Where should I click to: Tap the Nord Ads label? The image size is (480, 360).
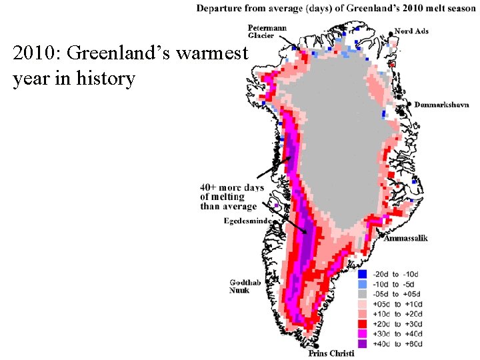(x=411, y=31)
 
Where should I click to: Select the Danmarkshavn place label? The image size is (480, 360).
(x=441, y=105)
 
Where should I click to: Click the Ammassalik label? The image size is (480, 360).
(x=405, y=238)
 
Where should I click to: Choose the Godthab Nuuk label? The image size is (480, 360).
(x=242, y=286)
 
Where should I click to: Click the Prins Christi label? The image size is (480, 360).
(x=335, y=354)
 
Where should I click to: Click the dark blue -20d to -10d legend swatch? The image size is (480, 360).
(x=363, y=274)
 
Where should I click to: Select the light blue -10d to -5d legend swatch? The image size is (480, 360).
(x=363, y=284)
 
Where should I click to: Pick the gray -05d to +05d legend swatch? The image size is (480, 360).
(x=363, y=294)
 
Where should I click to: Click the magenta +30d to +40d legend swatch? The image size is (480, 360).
(x=363, y=334)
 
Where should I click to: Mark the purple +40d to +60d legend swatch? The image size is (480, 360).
(x=363, y=344)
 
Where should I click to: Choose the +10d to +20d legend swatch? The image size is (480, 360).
(x=363, y=314)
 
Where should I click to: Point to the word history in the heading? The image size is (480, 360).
(x=107, y=79)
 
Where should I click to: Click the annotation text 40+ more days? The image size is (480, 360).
(x=231, y=187)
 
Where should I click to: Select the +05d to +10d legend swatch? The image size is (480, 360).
(x=363, y=304)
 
